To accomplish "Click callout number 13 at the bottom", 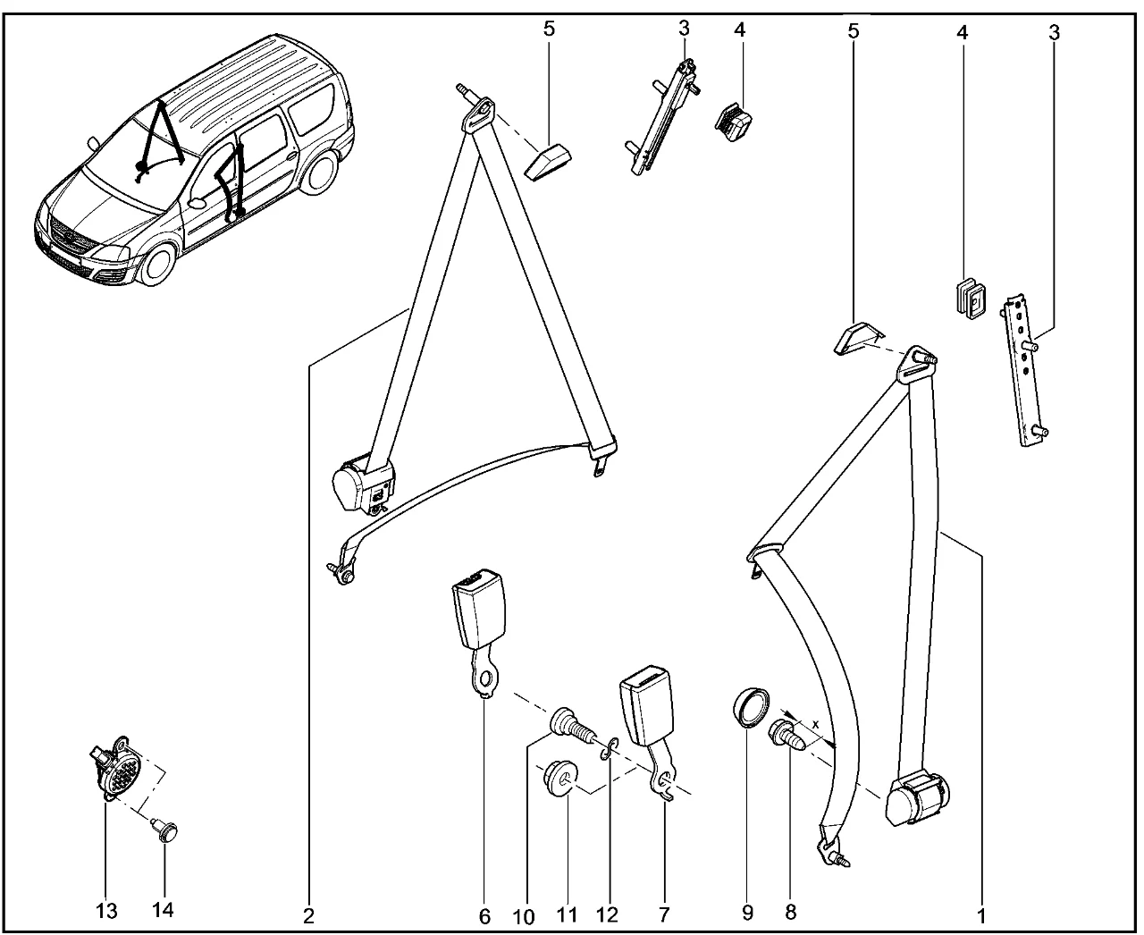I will tap(106, 911).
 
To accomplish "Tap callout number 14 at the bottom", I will tap(164, 911).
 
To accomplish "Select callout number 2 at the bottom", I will tap(308, 916).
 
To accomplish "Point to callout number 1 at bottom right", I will tap(980, 916).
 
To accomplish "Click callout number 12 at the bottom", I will tap(607, 916).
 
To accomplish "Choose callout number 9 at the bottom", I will tap(746, 914).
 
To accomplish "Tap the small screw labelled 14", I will tap(164, 830).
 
